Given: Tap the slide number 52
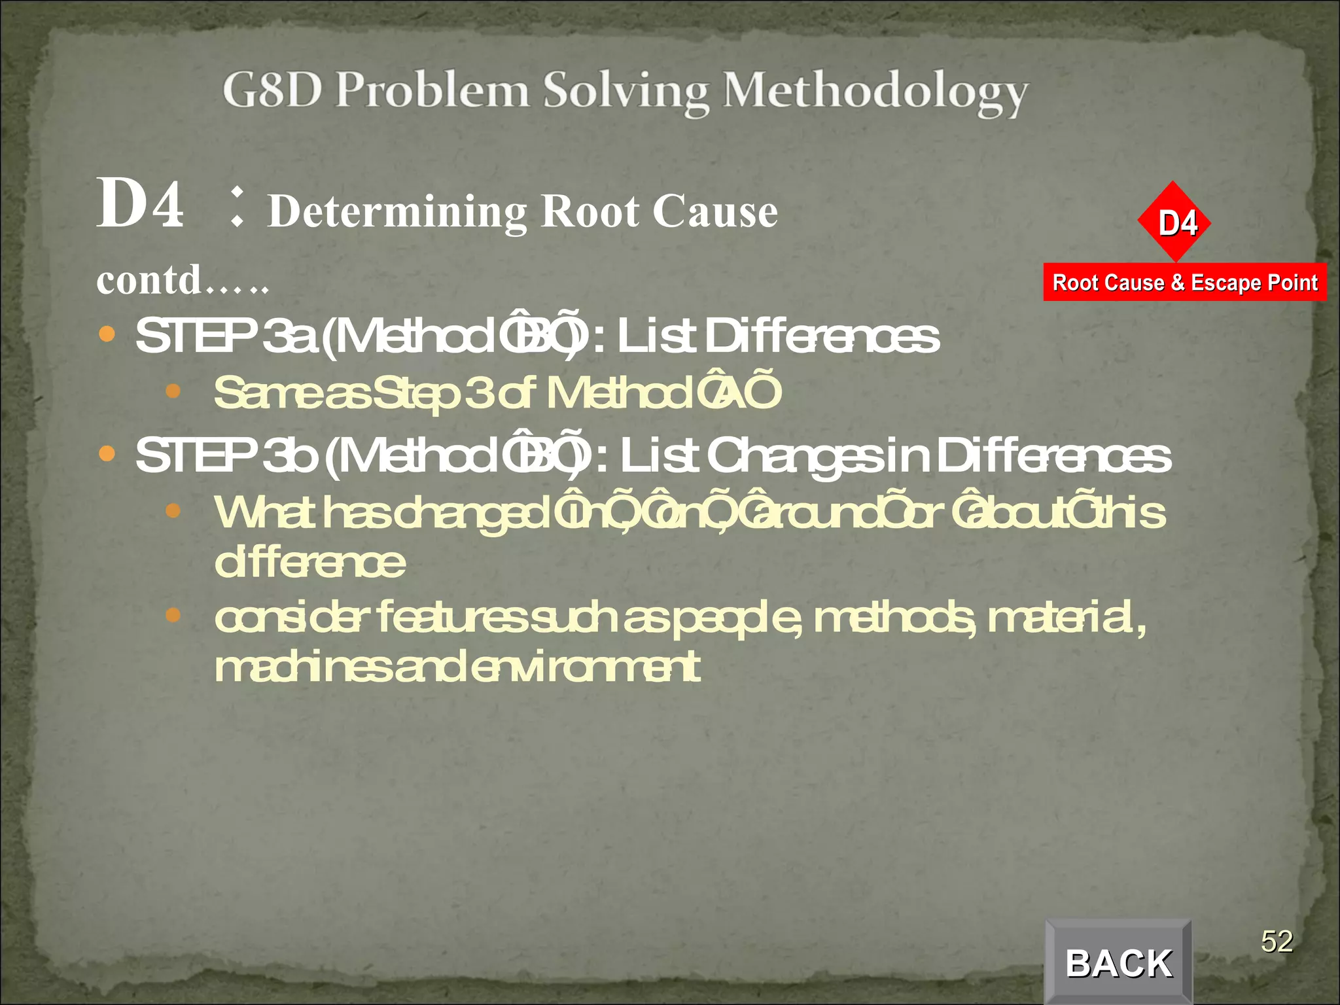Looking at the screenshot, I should (1277, 942).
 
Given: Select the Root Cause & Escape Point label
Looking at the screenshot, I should (1184, 283).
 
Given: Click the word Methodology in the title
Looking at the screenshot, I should (875, 92).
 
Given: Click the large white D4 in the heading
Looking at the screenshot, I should (140, 204).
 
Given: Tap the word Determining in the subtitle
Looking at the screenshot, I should (397, 211).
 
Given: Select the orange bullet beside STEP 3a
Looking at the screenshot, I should (107, 335).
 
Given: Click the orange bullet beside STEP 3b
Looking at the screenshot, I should (107, 453).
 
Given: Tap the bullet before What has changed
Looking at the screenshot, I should (173, 510).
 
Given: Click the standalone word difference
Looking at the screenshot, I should (309, 563).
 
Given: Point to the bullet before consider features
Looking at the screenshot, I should (173, 615).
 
